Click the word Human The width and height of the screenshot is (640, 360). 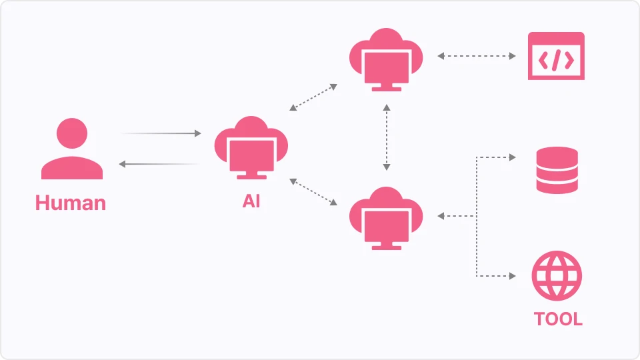pyautogui.click(x=71, y=203)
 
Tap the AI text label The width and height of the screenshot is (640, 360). pyautogui.click(x=251, y=201)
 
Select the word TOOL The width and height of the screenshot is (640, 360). pyautogui.click(x=558, y=319)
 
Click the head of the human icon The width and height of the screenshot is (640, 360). pyautogui.click(x=72, y=133)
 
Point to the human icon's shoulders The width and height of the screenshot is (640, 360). pyautogui.click(x=72, y=168)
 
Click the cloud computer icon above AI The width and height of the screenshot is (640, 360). pyautogui.click(x=251, y=148)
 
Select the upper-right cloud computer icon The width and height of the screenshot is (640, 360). pyautogui.click(x=386, y=59)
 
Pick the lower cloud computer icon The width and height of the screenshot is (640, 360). pyautogui.click(x=386, y=219)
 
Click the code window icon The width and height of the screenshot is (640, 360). pyautogui.click(x=556, y=56)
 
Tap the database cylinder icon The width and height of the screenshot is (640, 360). pyautogui.click(x=557, y=170)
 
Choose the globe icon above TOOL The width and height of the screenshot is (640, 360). pyautogui.click(x=557, y=276)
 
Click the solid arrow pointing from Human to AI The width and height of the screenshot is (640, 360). pyautogui.click(x=161, y=133)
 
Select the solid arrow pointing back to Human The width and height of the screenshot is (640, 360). pyautogui.click(x=159, y=164)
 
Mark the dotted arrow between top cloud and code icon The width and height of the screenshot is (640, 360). pyautogui.click(x=476, y=56)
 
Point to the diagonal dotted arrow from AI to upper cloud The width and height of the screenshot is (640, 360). pyautogui.click(x=313, y=97)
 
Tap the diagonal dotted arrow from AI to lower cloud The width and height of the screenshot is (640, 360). pyautogui.click(x=313, y=192)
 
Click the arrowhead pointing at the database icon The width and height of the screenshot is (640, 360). pyautogui.click(x=513, y=157)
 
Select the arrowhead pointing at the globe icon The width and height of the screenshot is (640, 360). pyautogui.click(x=513, y=276)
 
